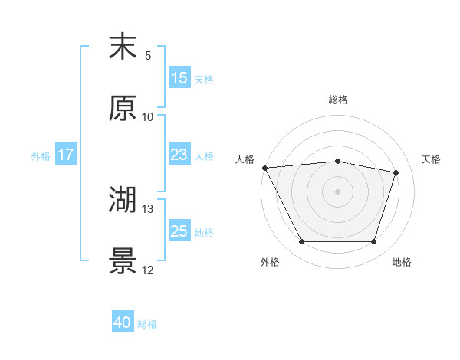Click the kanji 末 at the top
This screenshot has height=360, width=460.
pyautogui.click(x=123, y=47)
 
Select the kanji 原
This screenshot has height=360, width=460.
pyautogui.click(x=123, y=109)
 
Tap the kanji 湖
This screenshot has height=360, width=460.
pyautogui.click(x=123, y=201)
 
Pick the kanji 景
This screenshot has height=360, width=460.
pyautogui.click(x=123, y=262)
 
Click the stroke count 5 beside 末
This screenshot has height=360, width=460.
pyautogui.click(x=148, y=56)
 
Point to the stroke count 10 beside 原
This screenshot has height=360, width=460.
pyautogui.click(x=148, y=117)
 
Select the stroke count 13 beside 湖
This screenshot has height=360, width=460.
pyautogui.click(x=148, y=209)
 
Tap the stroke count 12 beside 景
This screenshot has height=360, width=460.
pyautogui.click(x=148, y=270)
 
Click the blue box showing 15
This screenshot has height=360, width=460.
pyautogui.click(x=179, y=78)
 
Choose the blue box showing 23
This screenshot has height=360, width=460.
pyautogui.click(x=179, y=155)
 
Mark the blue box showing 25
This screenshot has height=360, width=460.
pyautogui.click(x=179, y=231)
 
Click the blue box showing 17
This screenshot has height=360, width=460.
pyautogui.click(x=66, y=155)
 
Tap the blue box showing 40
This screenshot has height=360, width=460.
pyautogui.click(x=123, y=323)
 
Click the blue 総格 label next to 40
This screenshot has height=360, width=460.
pyautogui.click(x=147, y=324)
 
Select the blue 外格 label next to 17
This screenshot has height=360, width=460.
pyautogui.click(x=41, y=155)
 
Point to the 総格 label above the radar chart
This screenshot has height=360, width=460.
pyautogui.click(x=338, y=100)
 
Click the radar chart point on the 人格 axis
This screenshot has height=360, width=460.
pyautogui.click(x=264, y=168)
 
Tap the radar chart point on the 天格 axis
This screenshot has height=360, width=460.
pyautogui.click(x=396, y=173)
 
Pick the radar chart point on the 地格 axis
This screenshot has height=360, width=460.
pyautogui.click(x=373, y=242)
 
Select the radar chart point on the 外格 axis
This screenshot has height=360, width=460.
pyautogui.click(x=301, y=242)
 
